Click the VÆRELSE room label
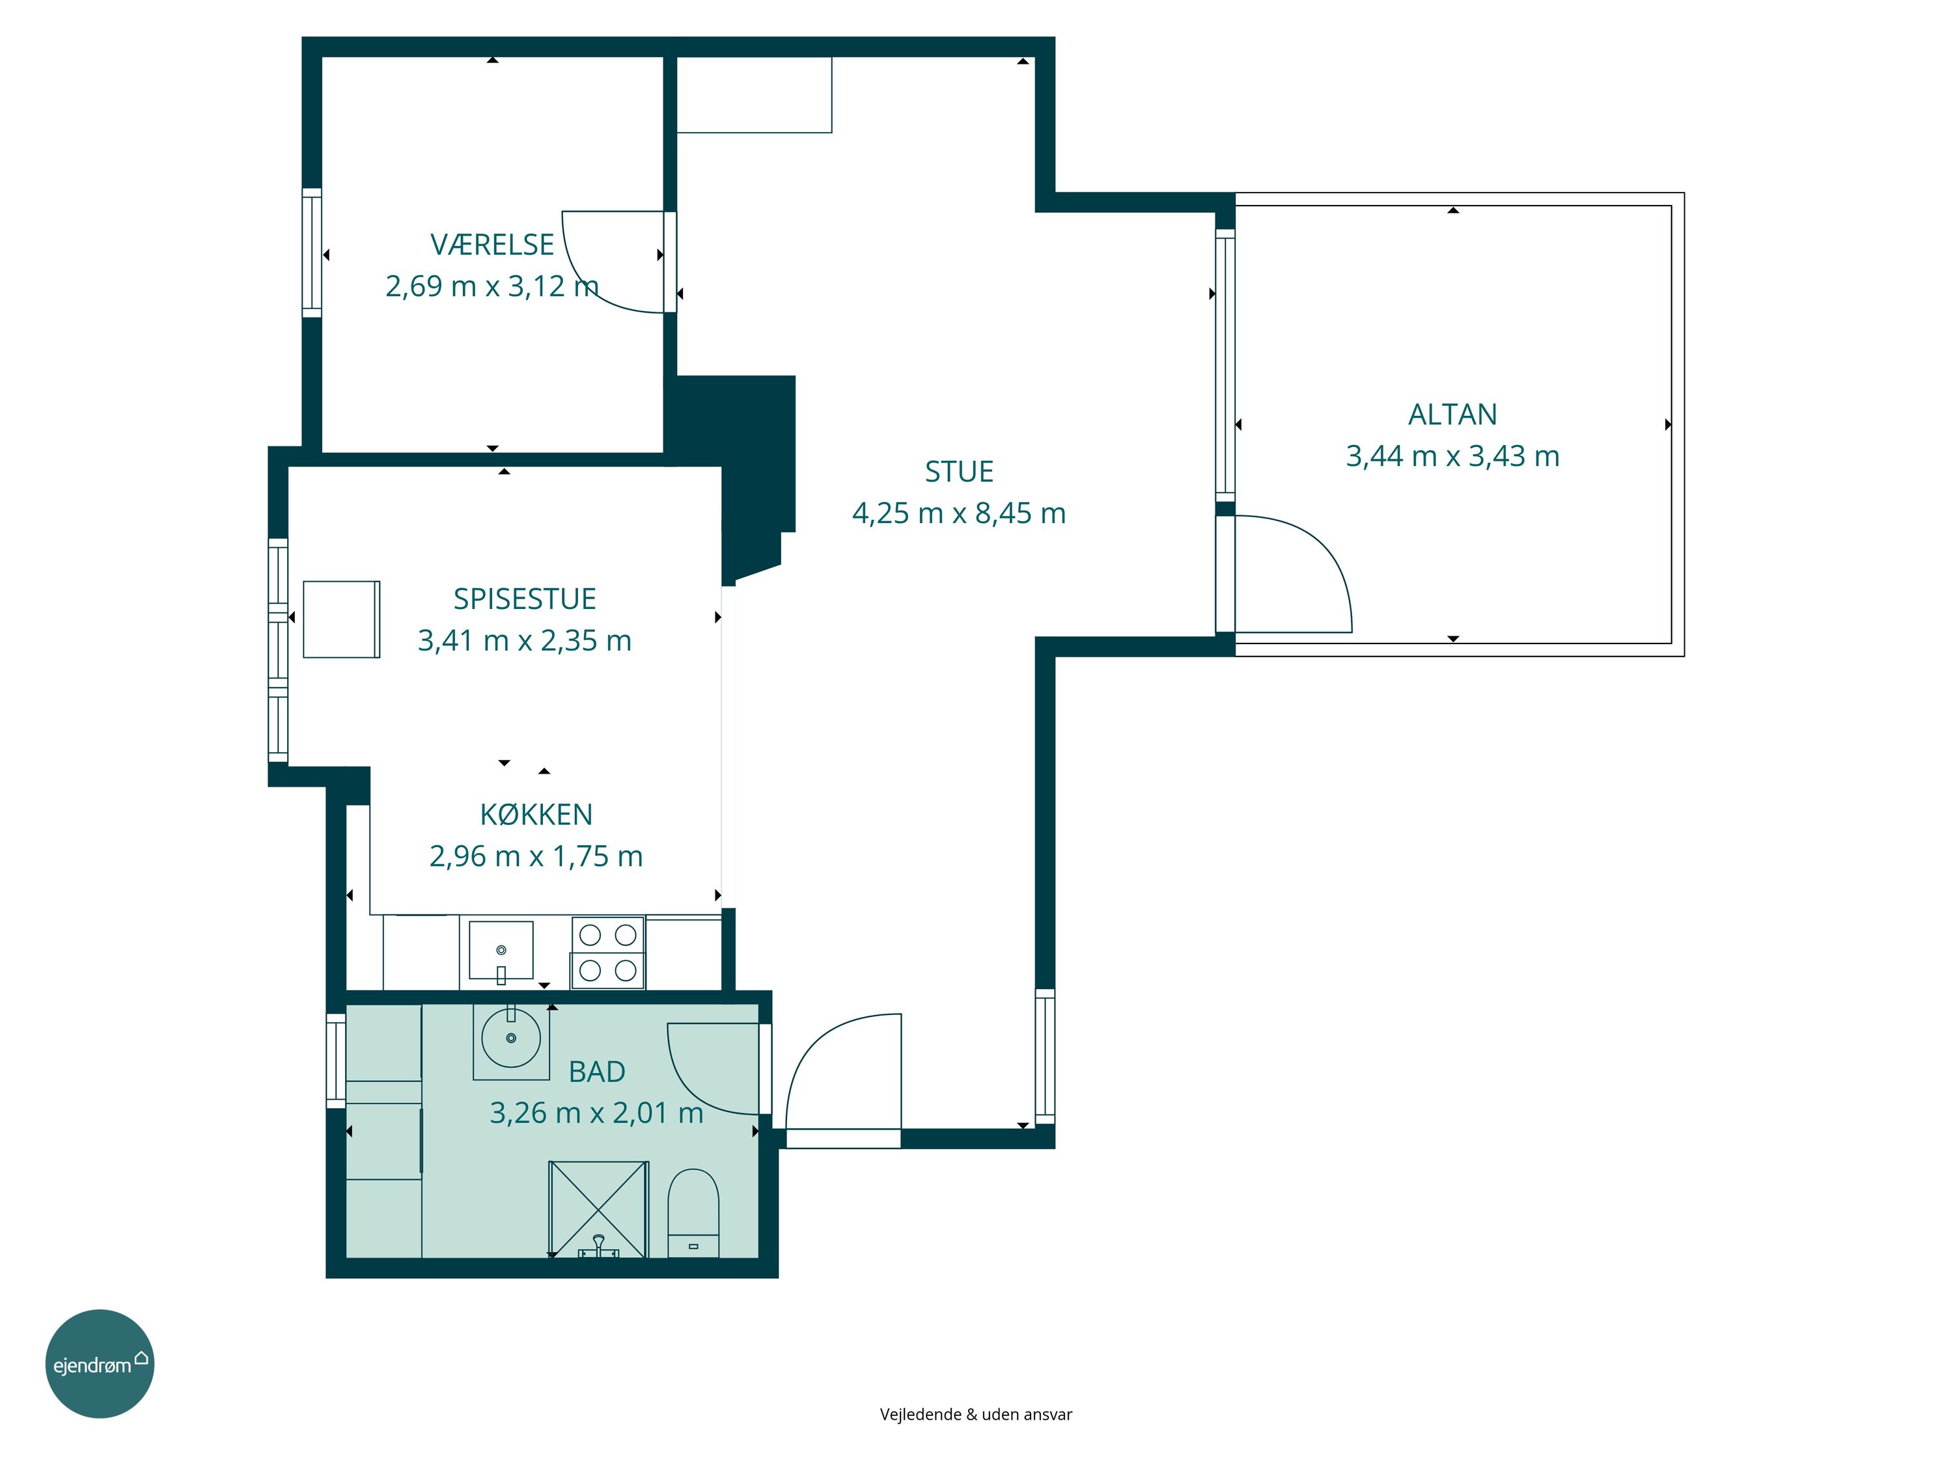(x=492, y=245)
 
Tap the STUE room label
(x=959, y=472)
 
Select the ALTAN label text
(x=1452, y=414)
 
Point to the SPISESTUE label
(x=525, y=599)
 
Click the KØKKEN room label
(x=536, y=815)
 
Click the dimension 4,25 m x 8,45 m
(x=959, y=513)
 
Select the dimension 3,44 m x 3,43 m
(x=1452, y=456)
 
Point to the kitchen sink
(x=501, y=951)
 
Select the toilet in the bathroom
(x=693, y=1213)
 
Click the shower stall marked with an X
(x=599, y=1209)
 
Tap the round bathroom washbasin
(x=511, y=1038)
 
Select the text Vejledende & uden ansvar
(x=976, y=1414)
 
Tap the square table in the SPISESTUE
(x=342, y=619)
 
